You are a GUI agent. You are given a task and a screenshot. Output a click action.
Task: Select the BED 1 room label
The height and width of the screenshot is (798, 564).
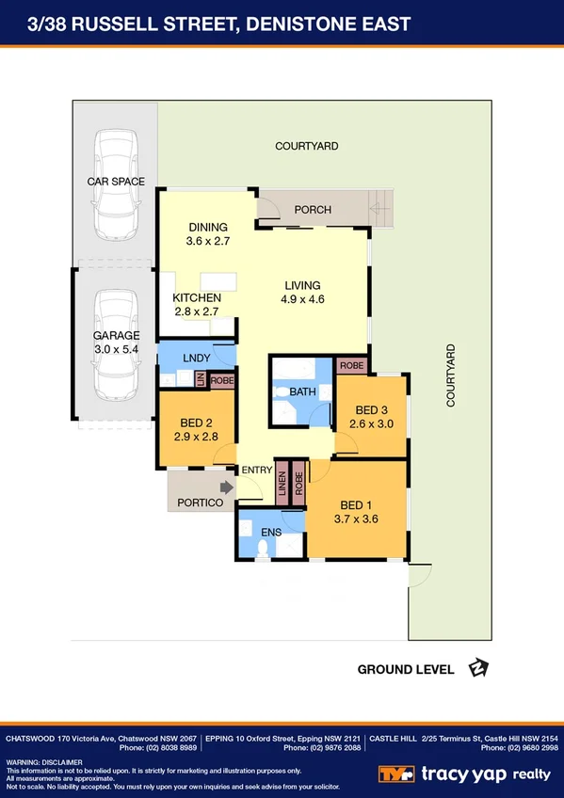click(356, 503)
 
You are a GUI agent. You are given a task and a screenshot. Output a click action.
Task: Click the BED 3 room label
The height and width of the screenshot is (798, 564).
click(371, 410)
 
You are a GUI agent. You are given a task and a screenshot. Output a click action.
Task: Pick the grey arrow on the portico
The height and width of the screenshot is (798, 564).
click(226, 487)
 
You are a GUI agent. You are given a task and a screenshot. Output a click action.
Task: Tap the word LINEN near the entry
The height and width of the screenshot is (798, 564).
click(282, 482)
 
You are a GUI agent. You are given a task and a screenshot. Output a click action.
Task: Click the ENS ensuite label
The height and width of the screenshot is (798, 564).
click(270, 532)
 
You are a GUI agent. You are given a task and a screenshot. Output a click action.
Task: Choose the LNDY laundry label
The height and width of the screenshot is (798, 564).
click(197, 358)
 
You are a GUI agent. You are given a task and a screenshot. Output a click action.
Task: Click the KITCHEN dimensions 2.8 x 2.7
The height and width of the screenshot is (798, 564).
click(197, 311)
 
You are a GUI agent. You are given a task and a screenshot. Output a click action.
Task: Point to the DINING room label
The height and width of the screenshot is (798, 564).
click(208, 227)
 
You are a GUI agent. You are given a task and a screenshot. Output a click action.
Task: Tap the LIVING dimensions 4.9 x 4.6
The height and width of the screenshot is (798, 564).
click(302, 299)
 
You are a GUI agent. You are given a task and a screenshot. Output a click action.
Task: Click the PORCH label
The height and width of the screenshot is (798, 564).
click(312, 210)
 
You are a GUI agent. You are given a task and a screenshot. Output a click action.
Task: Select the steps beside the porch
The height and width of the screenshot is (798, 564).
click(379, 206)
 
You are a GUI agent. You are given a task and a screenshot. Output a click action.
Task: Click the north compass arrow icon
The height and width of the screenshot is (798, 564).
click(478, 669)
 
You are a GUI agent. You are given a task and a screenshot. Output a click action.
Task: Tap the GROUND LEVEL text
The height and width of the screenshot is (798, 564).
click(406, 670)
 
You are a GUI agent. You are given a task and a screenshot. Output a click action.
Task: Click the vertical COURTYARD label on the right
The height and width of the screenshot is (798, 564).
click(451, 375)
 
